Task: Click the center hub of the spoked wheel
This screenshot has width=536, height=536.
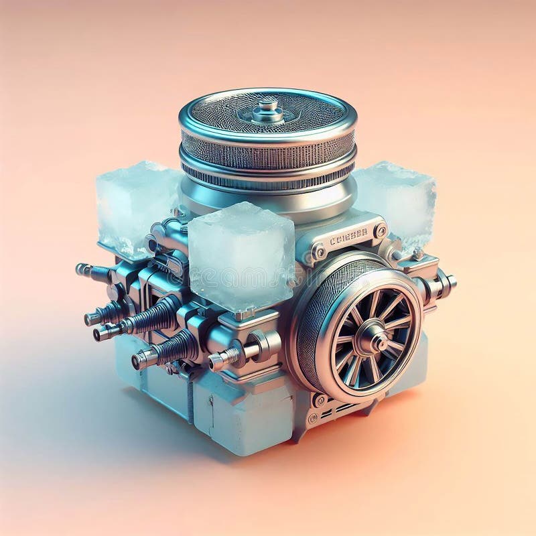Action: point(373,339)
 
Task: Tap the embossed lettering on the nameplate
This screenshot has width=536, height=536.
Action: point(348,235)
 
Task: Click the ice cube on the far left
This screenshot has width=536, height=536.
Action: point(134,204)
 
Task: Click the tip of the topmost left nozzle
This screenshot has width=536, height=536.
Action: point(81,269)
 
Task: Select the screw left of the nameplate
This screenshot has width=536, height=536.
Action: point(319,253)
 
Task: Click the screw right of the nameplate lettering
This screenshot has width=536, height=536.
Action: point(381,231)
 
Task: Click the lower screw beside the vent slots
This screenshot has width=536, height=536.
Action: point(312,417)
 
